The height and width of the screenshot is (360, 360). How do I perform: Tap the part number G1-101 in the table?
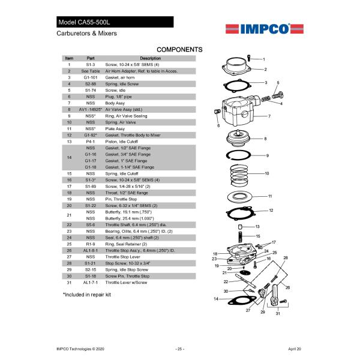point(91,77)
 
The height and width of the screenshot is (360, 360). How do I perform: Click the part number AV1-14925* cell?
point(91,110)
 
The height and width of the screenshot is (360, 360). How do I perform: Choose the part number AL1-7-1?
point(91,281)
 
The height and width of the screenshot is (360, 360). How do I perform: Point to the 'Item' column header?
point(69,58)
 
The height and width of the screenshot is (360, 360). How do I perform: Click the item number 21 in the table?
point(69,215)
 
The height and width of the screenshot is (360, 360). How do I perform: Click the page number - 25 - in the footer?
point(179,349)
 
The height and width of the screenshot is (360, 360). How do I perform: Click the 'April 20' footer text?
point(295,349)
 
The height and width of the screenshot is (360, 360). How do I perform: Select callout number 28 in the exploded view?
point(286,257)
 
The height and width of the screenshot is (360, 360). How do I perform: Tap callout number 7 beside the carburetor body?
point(269,116)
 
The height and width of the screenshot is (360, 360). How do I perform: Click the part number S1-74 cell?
point(91,90)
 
